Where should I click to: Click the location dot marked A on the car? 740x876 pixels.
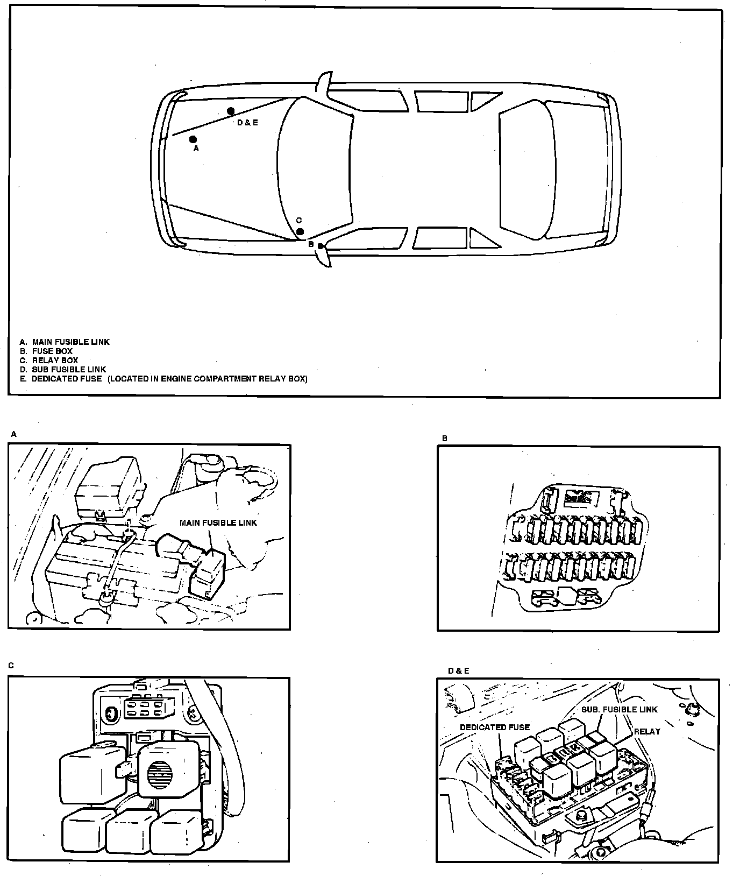point(193,139)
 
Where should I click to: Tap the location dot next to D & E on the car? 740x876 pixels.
point(231,111)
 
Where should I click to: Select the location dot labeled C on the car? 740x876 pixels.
point(301,232)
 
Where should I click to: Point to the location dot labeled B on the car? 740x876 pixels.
point(321,246)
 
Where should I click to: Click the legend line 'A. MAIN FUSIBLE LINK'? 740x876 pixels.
point(65,342)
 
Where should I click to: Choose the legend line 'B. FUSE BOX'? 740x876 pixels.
point(46,351)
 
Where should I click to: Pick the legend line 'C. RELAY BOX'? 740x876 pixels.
point(49,360)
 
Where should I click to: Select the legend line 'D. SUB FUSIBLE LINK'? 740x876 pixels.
point(63,369)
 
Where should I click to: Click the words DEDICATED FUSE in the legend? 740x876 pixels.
point(67,379)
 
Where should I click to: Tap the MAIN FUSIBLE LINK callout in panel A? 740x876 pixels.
point(218,522)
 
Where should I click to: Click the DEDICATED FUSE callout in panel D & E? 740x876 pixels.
point(494,727)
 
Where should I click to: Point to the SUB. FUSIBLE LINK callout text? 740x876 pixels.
point(619,709)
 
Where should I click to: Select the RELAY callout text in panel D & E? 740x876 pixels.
point(646,731)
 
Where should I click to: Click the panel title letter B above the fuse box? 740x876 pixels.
point(445,439)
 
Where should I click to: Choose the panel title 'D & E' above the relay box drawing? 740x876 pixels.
point(458,671)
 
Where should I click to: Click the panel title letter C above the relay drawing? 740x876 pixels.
point(11,666)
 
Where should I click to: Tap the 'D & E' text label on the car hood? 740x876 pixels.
point(247,123)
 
